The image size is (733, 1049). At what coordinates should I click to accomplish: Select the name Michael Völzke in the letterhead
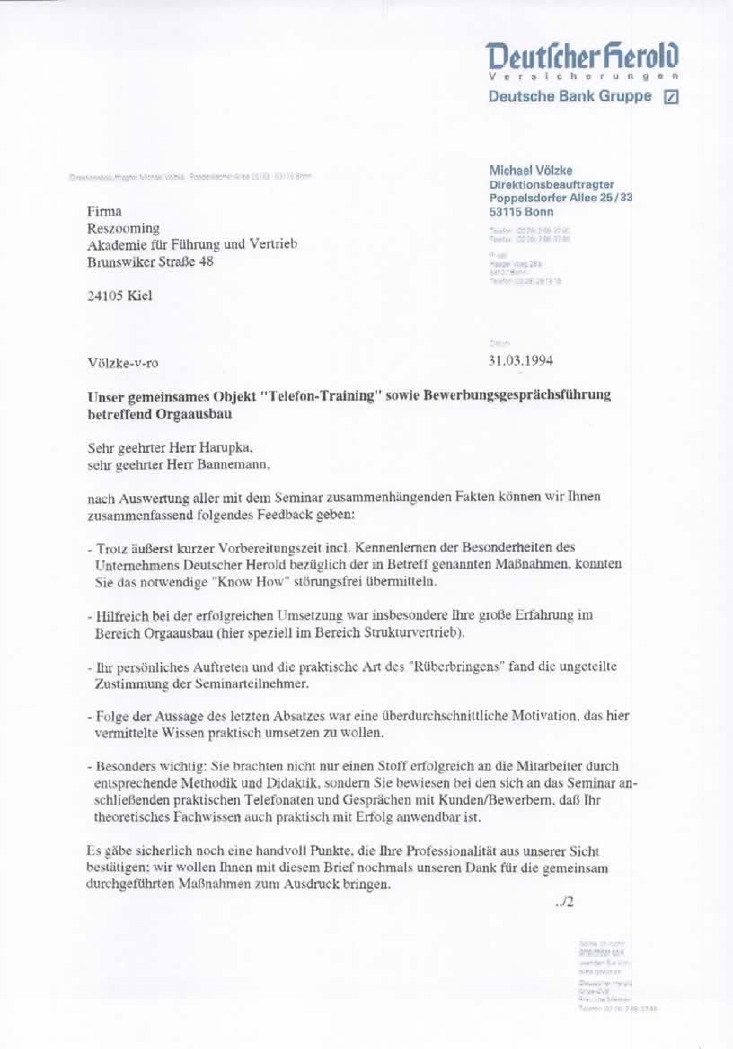coord(531,171)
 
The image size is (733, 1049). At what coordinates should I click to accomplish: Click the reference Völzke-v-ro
coord(123,364)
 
